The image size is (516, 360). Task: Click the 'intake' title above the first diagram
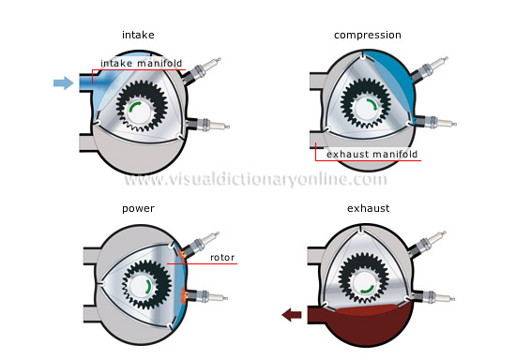click(x=138, y=35)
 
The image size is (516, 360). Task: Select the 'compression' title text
click(x=367, y=35)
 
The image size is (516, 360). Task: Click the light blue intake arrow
click(x=62, y=82)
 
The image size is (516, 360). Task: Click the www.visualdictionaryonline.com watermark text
click(x=256, y=179)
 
